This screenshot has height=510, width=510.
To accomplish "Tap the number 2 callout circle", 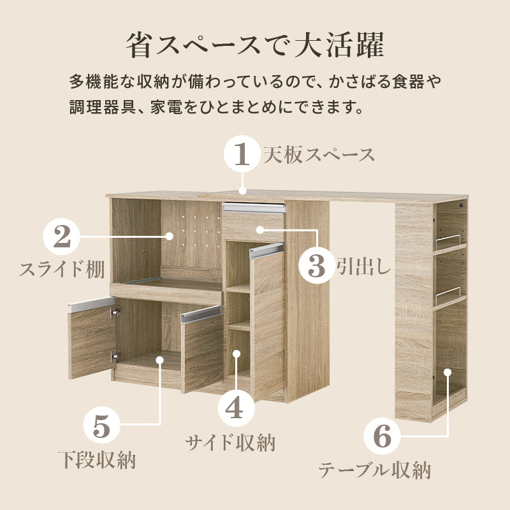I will pyautogui.click(x=62, y=237).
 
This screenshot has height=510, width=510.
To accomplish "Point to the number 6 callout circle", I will pyautogui.click(x=382, y=437).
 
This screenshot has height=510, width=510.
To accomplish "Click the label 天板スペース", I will pyautogui.click(x=319, y=155).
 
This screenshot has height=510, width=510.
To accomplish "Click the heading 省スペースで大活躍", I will pyautogui.click(x=254, y=46).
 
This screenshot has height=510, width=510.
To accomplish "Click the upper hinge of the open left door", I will pyautogui.click(x=115, y=312).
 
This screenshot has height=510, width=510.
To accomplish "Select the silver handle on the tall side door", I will pyautogui.click(x=266, y=251).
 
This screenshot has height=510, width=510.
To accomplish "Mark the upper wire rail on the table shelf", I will pyautogui.click(x=449, y=243).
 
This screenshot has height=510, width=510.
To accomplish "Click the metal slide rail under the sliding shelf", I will pyautogui.click(x=142, y=279).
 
